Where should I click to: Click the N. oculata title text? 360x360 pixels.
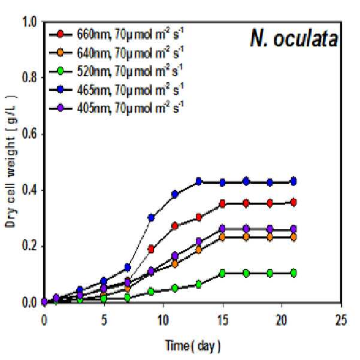pos(294,38)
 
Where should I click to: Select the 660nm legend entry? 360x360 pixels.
pos(116,34)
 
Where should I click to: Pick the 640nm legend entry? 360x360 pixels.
pos(116,53)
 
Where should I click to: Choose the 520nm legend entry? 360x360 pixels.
pos(116,71)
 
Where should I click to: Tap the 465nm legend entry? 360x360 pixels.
pos(116,90)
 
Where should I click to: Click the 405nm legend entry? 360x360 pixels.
pos(116,108)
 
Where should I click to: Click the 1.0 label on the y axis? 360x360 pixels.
pos(29,22)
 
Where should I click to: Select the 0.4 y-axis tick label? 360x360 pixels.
pos(29,190)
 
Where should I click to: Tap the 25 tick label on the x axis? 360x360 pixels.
pos(341,320)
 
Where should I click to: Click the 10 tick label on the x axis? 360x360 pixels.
pos(163,320)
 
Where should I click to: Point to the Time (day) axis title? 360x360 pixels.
pos(193,346)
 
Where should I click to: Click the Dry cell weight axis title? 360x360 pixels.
pos(10,161)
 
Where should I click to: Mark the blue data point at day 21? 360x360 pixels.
pos(294,181)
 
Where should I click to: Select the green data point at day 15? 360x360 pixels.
pos(222,273)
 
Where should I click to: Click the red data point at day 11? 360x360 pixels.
pos(175,226)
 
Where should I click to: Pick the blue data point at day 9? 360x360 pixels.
pos(151,217)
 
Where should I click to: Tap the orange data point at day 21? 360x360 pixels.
pos(294,237)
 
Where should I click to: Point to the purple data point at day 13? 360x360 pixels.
pos(199,241)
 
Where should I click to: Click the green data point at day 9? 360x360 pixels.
pos(151,292)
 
